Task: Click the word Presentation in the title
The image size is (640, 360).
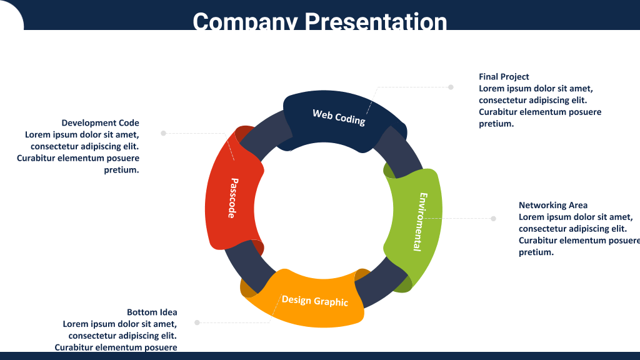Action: click(x=376, y=21)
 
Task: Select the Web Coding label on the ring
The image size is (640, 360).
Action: click(x=339, y=117)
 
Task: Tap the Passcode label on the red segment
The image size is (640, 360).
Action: click(x=232, y=198)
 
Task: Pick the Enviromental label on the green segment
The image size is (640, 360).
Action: click(x=421, y=222)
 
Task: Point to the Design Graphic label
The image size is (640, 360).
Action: click(x=315, y=301)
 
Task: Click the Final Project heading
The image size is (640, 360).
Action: click(x=504, y=77)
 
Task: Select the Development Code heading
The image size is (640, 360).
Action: click(x=101, y=123)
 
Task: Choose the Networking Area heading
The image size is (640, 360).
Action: click(x=553, y=205)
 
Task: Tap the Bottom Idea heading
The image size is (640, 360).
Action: click(x=152, y=312)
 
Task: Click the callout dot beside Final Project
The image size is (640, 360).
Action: click(x=451, y=87)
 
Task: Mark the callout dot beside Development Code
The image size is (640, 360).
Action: click(x=163, y=133)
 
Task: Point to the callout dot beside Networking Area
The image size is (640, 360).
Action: click(x=494, y=218)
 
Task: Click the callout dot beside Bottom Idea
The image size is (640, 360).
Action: click(x=197, y=322)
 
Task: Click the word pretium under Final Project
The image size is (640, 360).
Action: click(x=496, y=124)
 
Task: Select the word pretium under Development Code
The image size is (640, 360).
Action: click(x=121, y=170)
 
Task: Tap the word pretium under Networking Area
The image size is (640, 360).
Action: click(x=536, y=252)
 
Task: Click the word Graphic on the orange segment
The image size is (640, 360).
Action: click(x=331, y=302)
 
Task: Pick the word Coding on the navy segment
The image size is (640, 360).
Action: click(x=350, y=119)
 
